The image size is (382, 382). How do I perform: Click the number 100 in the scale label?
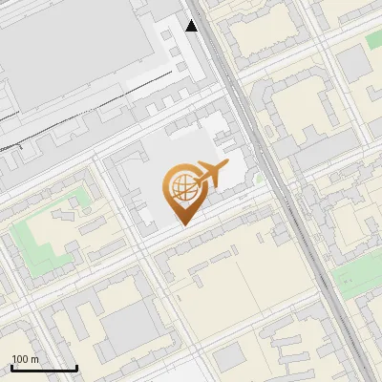(19, 360)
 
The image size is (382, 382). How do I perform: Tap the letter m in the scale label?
(34, 360)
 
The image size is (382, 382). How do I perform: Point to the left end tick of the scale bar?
(11, 367)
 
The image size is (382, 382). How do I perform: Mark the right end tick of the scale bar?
(76, 367)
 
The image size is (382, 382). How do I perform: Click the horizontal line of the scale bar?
(44, 369)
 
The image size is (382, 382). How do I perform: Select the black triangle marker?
(191, 26)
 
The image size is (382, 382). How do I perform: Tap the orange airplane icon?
(210, 176)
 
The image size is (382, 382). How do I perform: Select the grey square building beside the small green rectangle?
(353, 62)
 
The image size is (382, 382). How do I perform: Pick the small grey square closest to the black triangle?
(168, 35)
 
